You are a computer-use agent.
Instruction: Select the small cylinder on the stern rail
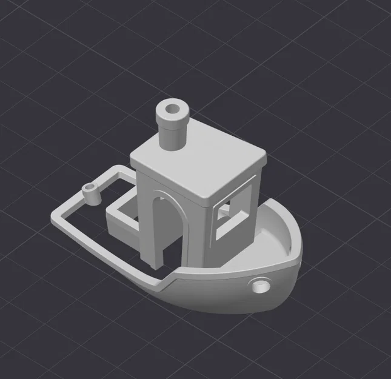pyautogui.click(x=91, y=193)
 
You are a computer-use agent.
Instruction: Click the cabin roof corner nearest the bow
pyautogui.click(x=266, y=159)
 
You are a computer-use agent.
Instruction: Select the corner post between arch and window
pyautogui.click(x=204, y=236)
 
